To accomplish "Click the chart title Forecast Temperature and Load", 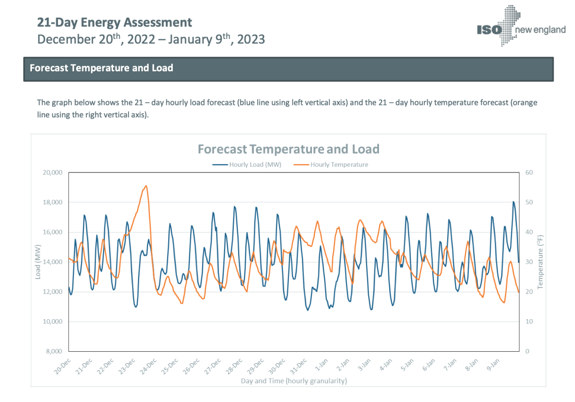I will point(288,149).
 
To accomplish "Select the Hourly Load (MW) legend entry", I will point(248,164).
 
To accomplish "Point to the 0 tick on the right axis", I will point(527,351).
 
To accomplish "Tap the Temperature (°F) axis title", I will point(540,262).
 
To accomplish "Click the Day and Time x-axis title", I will point(294,381).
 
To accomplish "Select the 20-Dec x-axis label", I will point(63,366).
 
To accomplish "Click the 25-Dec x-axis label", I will point(170,366).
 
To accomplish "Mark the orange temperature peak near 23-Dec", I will point(146,186).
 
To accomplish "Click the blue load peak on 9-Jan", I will point(513,202).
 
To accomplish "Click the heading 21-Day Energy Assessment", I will point(115,23).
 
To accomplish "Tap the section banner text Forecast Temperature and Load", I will point(101,68).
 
